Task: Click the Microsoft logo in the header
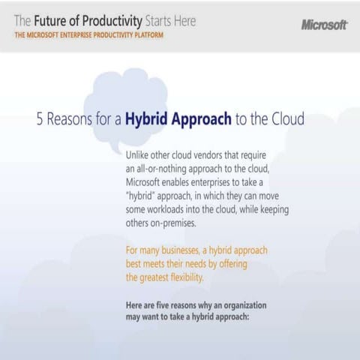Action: (x=324, y=25)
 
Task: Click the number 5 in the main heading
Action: (x=40, y=118)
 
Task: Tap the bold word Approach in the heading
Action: (x=220, y=118)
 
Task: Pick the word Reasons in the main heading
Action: (x=72, y=118)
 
